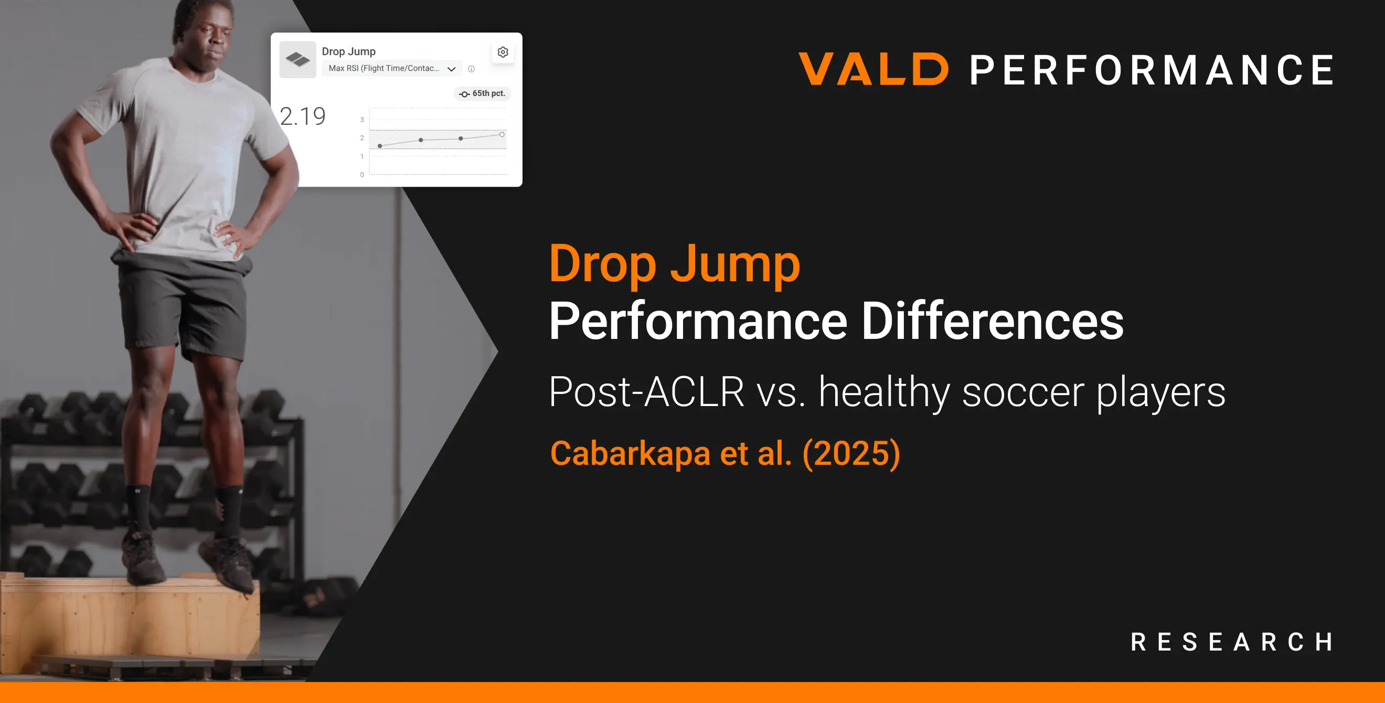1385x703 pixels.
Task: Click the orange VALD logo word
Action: [x=873, y=69]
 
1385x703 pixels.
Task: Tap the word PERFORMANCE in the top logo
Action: [x=1152, y=70]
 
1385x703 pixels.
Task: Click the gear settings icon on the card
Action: [x=503, y=52]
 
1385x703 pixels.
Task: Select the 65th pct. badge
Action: [x=482, y=93]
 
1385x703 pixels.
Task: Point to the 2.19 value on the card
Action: [x=303, y=116]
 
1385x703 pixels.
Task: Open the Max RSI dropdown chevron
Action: [x=452, y=69]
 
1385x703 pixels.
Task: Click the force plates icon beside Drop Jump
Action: [x=298, y=59]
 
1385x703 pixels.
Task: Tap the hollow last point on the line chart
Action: [x=502, y=134]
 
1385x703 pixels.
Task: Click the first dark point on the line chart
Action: [x=380, y=146]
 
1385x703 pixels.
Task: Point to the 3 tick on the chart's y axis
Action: [x=362, y=120]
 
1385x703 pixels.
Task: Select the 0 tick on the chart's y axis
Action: [x=362, y=175]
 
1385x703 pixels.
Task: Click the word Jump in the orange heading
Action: [x=735, y=264]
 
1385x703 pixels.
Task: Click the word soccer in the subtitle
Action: [x=1022, y=392]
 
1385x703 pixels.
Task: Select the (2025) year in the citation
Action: [x=851, y=453]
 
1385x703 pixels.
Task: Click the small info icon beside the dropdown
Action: [x=472, y=69]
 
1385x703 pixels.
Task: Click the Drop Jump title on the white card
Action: [x=348, y=51]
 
